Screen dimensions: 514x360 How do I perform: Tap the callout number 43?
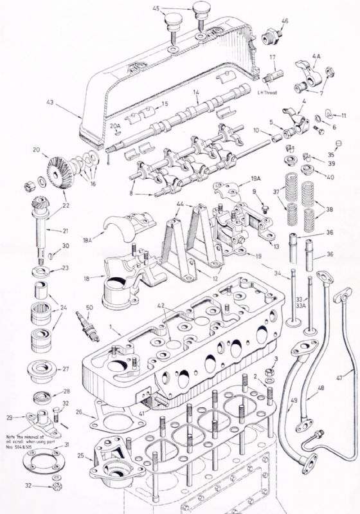(x=50, y=102)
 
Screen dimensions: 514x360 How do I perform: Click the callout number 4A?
(x=316, y=57)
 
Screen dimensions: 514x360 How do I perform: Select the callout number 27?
(x=66, y=369)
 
